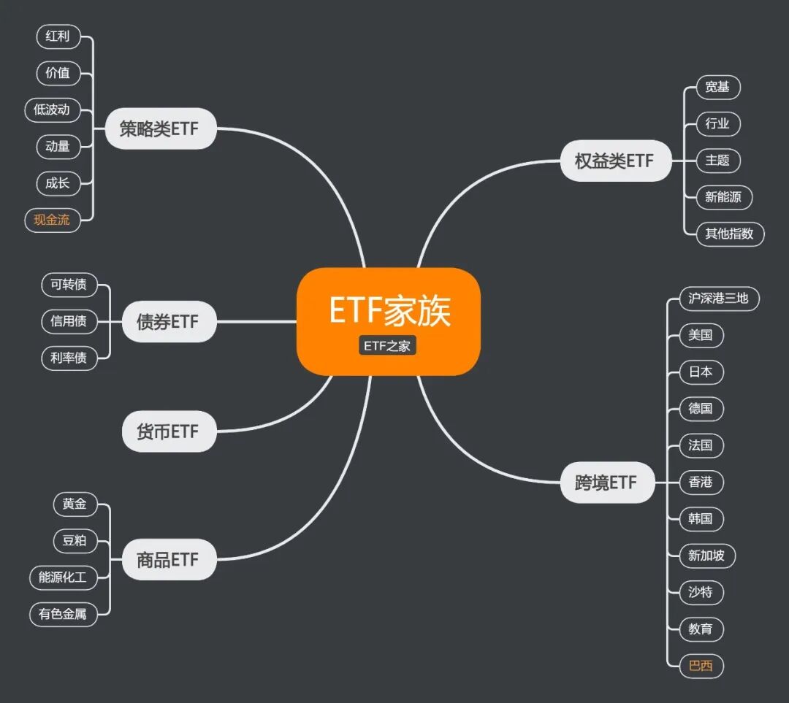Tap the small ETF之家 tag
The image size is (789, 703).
pyautogui.click(x=387, y=346)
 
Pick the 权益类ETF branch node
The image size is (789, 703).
pyautogui.click(x=615, y=161)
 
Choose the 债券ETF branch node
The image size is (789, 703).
pyautogui.click(x=169, y=321)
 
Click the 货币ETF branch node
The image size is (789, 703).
pyautogui.click(x=169, y=431)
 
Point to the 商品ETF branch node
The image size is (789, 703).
pyautogui.click(x=169, y=560)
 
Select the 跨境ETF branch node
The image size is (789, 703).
pyautogui.click(x=606, y=483)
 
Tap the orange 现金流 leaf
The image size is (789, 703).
pyautogui.click(x=52, y=220)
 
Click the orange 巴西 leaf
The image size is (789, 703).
pyautogui.click(x=701, y=666)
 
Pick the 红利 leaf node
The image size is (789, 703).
pyautogui.click(x=58, y=37)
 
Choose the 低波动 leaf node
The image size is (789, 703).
pyautogui.click(x=52, y=110)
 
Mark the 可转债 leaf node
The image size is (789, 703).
pyautogui.click(x=69, y=285)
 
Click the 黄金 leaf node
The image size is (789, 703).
pyautogui.click(x=75, y=504)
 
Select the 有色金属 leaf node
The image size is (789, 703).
pyautogui.click(x=63, y=614)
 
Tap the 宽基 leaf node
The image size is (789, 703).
pyautogui.click(x=717, y=88)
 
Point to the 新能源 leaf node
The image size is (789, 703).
pyautogui.click(x=723, y=197)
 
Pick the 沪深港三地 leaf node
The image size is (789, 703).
pyautogui.click(x=719, y=299)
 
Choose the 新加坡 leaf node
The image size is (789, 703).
pyautogui.click(x=706, y=556)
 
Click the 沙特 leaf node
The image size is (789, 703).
pyautogui.click(x=701, y=592)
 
